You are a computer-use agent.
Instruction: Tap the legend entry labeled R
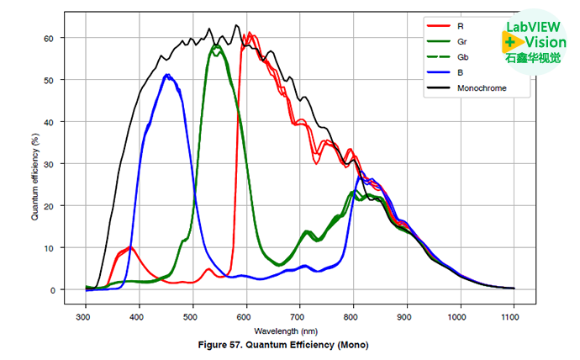point(461,26)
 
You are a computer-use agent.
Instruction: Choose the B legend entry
point(461,73)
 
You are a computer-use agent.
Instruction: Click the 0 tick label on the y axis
point(52,290)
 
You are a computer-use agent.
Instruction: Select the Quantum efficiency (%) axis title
point(35,164)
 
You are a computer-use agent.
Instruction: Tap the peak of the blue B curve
point(167,75)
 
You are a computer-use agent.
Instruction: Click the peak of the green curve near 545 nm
point(217,46)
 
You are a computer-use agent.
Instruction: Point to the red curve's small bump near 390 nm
point(130,247)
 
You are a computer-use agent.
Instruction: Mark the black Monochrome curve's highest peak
point(236,25)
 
